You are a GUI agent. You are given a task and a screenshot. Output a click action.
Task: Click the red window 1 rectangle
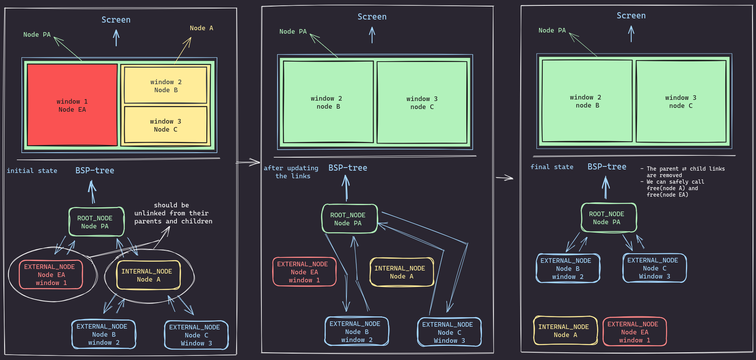tap(72, 105)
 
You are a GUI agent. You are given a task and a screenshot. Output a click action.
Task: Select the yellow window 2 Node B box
tap(166, 85)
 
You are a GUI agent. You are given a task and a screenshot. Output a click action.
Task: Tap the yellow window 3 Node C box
tap(166, 125)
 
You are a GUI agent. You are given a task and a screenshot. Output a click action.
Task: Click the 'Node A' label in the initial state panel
tap(201, 28)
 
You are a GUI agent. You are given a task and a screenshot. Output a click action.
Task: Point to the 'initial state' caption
tap(32, 171)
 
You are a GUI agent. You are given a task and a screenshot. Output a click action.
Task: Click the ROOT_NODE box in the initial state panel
tap(96, 222)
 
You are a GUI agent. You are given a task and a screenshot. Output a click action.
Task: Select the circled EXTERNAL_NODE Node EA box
tap(51, 275)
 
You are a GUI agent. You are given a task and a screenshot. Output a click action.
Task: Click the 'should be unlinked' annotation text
tap(173, 213)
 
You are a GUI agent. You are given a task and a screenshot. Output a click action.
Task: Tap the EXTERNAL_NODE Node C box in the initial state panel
tap(196, 335)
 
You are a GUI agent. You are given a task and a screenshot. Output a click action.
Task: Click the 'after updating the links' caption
tap(291, 172)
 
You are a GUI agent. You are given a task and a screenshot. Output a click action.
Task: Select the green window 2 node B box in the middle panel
tap(328, 102)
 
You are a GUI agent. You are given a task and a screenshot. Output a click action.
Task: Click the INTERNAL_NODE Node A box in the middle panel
tap(402, 272)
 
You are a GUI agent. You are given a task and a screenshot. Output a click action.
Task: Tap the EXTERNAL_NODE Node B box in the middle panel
tap(357, 331)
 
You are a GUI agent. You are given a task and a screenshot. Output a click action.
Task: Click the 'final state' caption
tap(552, 167)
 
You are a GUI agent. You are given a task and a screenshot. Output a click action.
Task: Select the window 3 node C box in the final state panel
tap(681, 101)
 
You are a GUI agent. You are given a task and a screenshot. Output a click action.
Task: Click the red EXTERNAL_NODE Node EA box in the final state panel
tap(634, 332)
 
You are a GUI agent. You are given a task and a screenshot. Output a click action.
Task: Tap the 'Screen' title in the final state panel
tap(631, 16)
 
